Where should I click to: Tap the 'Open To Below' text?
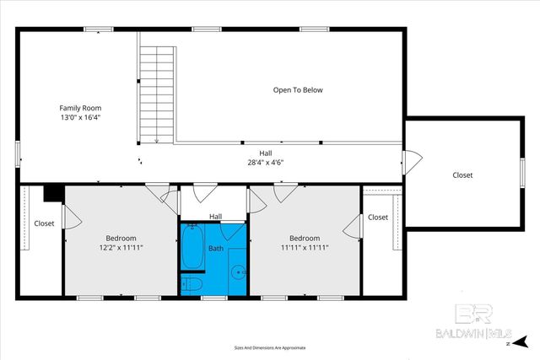coord(297,89)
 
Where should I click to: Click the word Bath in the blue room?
coord(216,249)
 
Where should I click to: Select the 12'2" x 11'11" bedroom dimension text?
coord(121,248)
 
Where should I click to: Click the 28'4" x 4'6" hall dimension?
coord(265,163)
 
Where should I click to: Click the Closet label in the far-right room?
coord(462,175)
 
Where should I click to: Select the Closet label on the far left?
coord(44,223)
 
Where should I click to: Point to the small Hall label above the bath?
coord(216,217)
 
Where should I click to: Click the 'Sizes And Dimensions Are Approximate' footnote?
coord(270,347)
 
